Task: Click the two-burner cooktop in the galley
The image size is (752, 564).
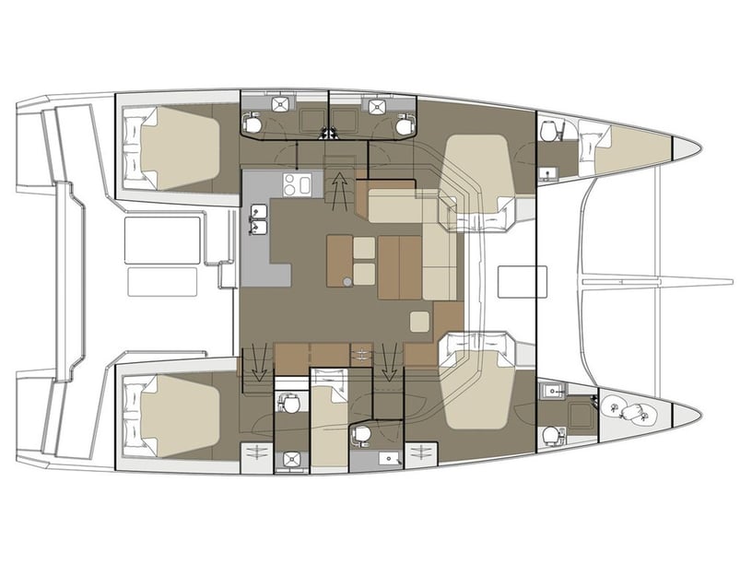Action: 297,185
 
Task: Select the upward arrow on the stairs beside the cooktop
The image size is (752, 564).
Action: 341,188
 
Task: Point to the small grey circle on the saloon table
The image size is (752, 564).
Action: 347,282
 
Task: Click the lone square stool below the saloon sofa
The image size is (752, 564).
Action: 419,322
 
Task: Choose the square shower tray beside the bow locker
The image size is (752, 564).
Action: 582,414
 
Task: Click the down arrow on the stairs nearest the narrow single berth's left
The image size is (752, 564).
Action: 260,360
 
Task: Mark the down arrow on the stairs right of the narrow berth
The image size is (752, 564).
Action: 388,360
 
